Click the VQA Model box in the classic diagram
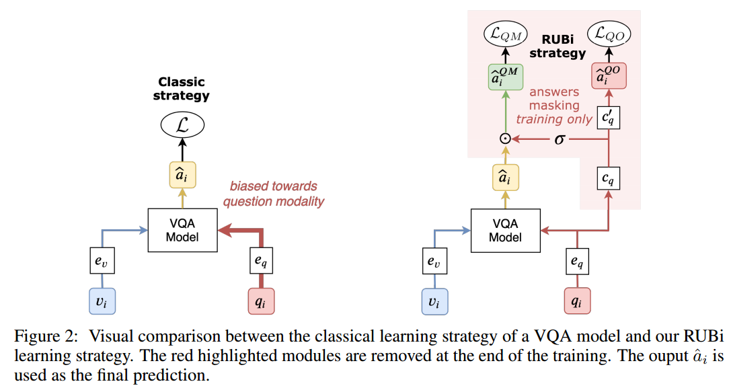click(x=182, y=230)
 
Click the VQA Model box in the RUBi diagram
click(x=505, y=230)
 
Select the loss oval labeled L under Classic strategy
click(x=182, y=126)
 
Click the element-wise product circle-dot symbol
click(x=504, y=139)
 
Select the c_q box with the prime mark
click(x=609, y=118)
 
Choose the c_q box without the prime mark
click(x=609, y=179)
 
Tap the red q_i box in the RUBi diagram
click(x=576, y=301)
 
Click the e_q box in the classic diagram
click(x=262, y=262)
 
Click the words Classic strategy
click(x=182, y=89)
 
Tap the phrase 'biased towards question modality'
click(x=274, y=193)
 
